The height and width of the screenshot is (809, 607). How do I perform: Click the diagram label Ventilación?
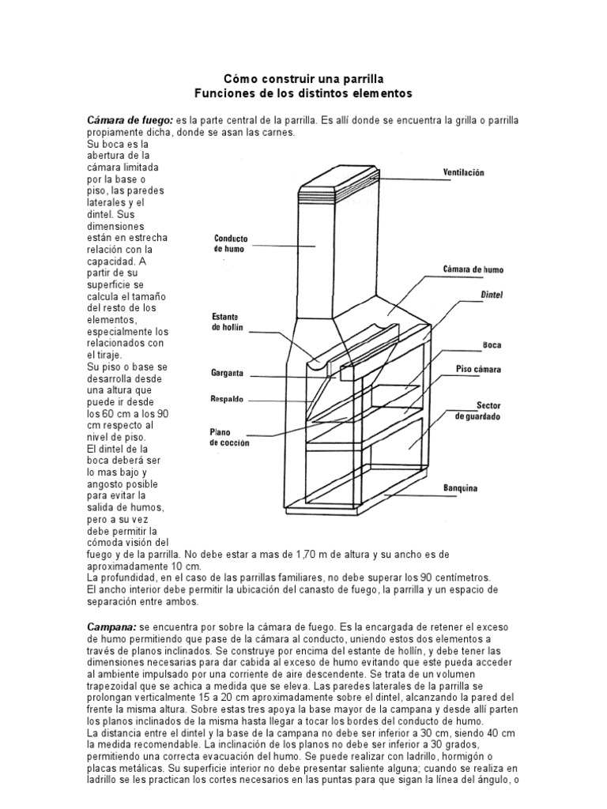(462, 171)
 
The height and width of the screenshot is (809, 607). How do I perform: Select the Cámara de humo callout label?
(473, 269)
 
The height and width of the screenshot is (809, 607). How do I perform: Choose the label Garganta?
(227, 371)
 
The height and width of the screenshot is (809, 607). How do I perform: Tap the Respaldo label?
(227, 399)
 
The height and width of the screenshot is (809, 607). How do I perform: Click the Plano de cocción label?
(230, 438)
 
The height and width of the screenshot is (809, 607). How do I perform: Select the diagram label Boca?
(492, 345)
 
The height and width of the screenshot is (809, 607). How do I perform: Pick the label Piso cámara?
(478, 369)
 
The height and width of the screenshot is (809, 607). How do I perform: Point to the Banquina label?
(459, 487)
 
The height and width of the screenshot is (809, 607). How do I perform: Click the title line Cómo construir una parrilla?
(303, 79)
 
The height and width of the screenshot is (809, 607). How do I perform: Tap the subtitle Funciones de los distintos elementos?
(303, 92)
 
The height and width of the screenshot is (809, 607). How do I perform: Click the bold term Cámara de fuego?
(130, 119)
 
